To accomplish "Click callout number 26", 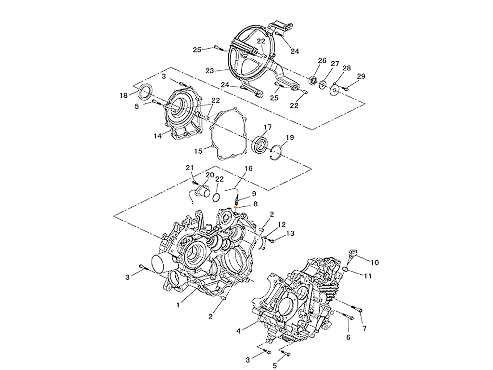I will [322, 60].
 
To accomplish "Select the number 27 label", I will [335, 64].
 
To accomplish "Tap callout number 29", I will [361, 76].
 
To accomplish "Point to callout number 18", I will [123, 96].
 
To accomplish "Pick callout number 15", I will [198, 151].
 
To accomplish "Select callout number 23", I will [209, 70].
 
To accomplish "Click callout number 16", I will [248, 169].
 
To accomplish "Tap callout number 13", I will [290, 233].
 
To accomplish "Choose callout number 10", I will [375, 262].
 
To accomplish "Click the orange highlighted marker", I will [236, 207].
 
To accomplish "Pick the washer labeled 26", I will [312, 80].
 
